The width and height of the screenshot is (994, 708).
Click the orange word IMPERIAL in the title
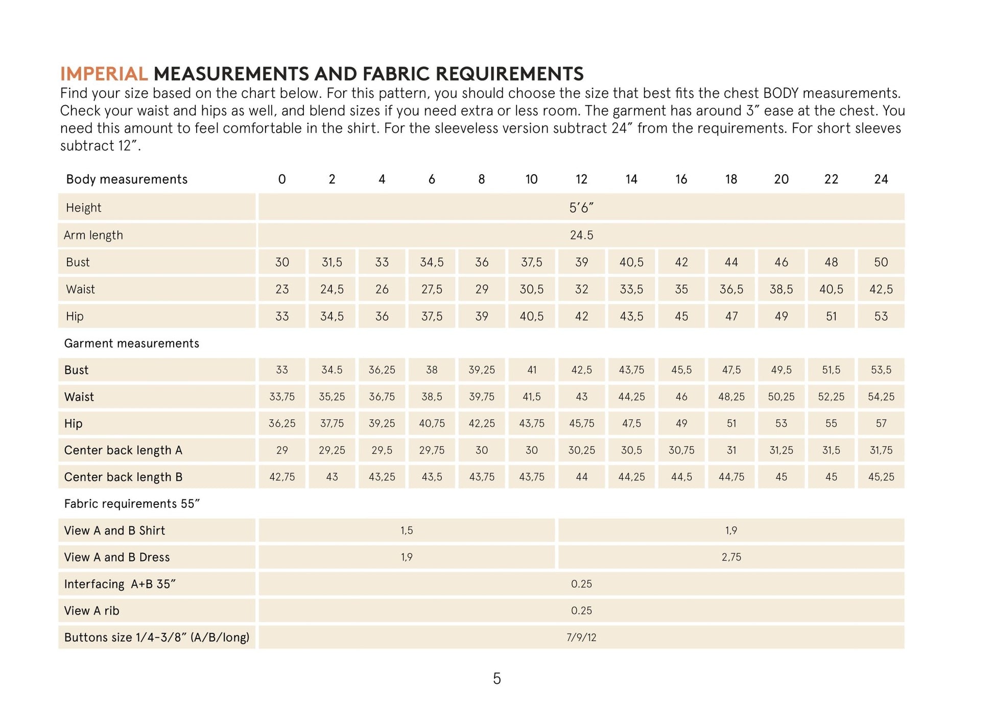[x=104, y=74]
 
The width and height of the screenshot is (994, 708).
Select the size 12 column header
[x=581, y=179]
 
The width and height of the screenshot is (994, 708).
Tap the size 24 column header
[x=881, y=179]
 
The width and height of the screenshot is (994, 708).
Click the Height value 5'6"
[x=581, y=208]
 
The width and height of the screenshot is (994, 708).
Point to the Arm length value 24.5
[x=581, y=235]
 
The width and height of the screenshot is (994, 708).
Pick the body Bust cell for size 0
[x=282, y=262]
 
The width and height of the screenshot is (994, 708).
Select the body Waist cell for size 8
[x=482, y=289]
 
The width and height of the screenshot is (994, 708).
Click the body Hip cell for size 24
[x=881, y=316]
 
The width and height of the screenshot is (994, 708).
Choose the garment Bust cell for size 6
[x=432, y=370]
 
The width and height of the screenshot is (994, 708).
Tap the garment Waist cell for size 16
[x=681, y=397]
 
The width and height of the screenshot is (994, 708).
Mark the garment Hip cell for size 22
[x=831, y=424]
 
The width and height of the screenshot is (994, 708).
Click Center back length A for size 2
[x=332, y=450]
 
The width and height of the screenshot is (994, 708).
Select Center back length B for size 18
[x=731, y=477]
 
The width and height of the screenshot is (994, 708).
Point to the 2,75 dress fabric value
[x=731, y=557]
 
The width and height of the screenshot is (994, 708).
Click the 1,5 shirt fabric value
[x=407, y=531]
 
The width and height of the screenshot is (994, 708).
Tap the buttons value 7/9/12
[x=581, y=638]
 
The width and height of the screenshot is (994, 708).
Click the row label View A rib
[x=91, y=611]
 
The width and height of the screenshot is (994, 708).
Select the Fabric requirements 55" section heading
[x=132, y=504]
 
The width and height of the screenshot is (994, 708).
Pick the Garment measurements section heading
[x=131, y=344]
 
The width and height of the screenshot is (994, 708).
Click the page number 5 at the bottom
[x=496, y=679]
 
